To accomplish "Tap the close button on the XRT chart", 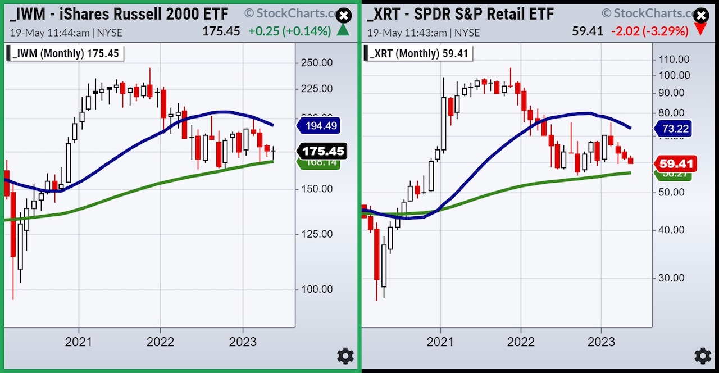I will tap(700, 16).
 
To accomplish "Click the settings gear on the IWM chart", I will tap(345, 356).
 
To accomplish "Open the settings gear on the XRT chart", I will tap(702, 356).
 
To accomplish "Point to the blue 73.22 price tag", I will tap(675, 129).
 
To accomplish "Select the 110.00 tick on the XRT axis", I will tap(675, 59).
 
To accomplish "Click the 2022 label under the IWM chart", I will tap(160, 342).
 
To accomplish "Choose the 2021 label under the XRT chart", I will tap(440, 342).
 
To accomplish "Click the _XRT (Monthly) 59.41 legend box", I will tap(420, 53).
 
